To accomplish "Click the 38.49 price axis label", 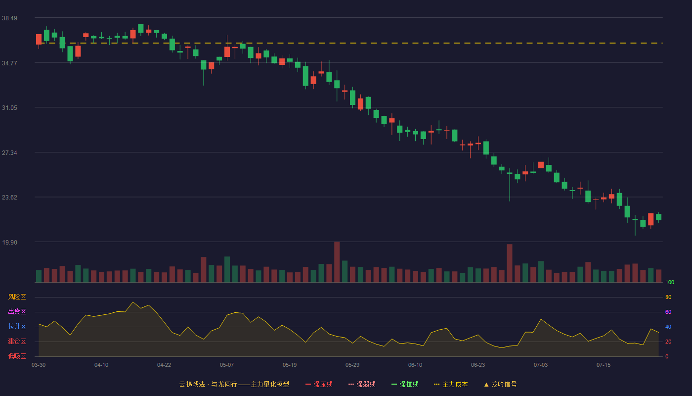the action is (9, 18).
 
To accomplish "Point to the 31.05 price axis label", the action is (9, 108).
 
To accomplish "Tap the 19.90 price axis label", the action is (9, 243).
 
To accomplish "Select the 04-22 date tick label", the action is (164, 365).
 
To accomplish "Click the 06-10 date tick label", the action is (415, 365).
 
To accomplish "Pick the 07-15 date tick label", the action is (604, 365).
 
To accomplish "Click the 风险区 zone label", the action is (17, 297).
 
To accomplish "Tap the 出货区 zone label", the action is (17, 312).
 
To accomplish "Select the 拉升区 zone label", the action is (17, 327).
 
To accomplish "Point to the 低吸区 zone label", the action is (17, 356).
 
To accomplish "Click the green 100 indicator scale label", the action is (670, 283).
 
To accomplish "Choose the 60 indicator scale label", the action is (668, 312).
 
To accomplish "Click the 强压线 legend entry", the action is (319, 385).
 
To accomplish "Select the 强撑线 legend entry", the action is (405, 385).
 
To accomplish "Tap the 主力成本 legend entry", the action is (451, 385).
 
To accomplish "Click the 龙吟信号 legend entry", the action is (500, 385).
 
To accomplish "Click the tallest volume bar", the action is (337, 262).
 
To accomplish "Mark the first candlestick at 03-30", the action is (39, 40).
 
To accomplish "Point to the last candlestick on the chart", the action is (658, 217).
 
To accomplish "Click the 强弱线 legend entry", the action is (362, 385).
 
